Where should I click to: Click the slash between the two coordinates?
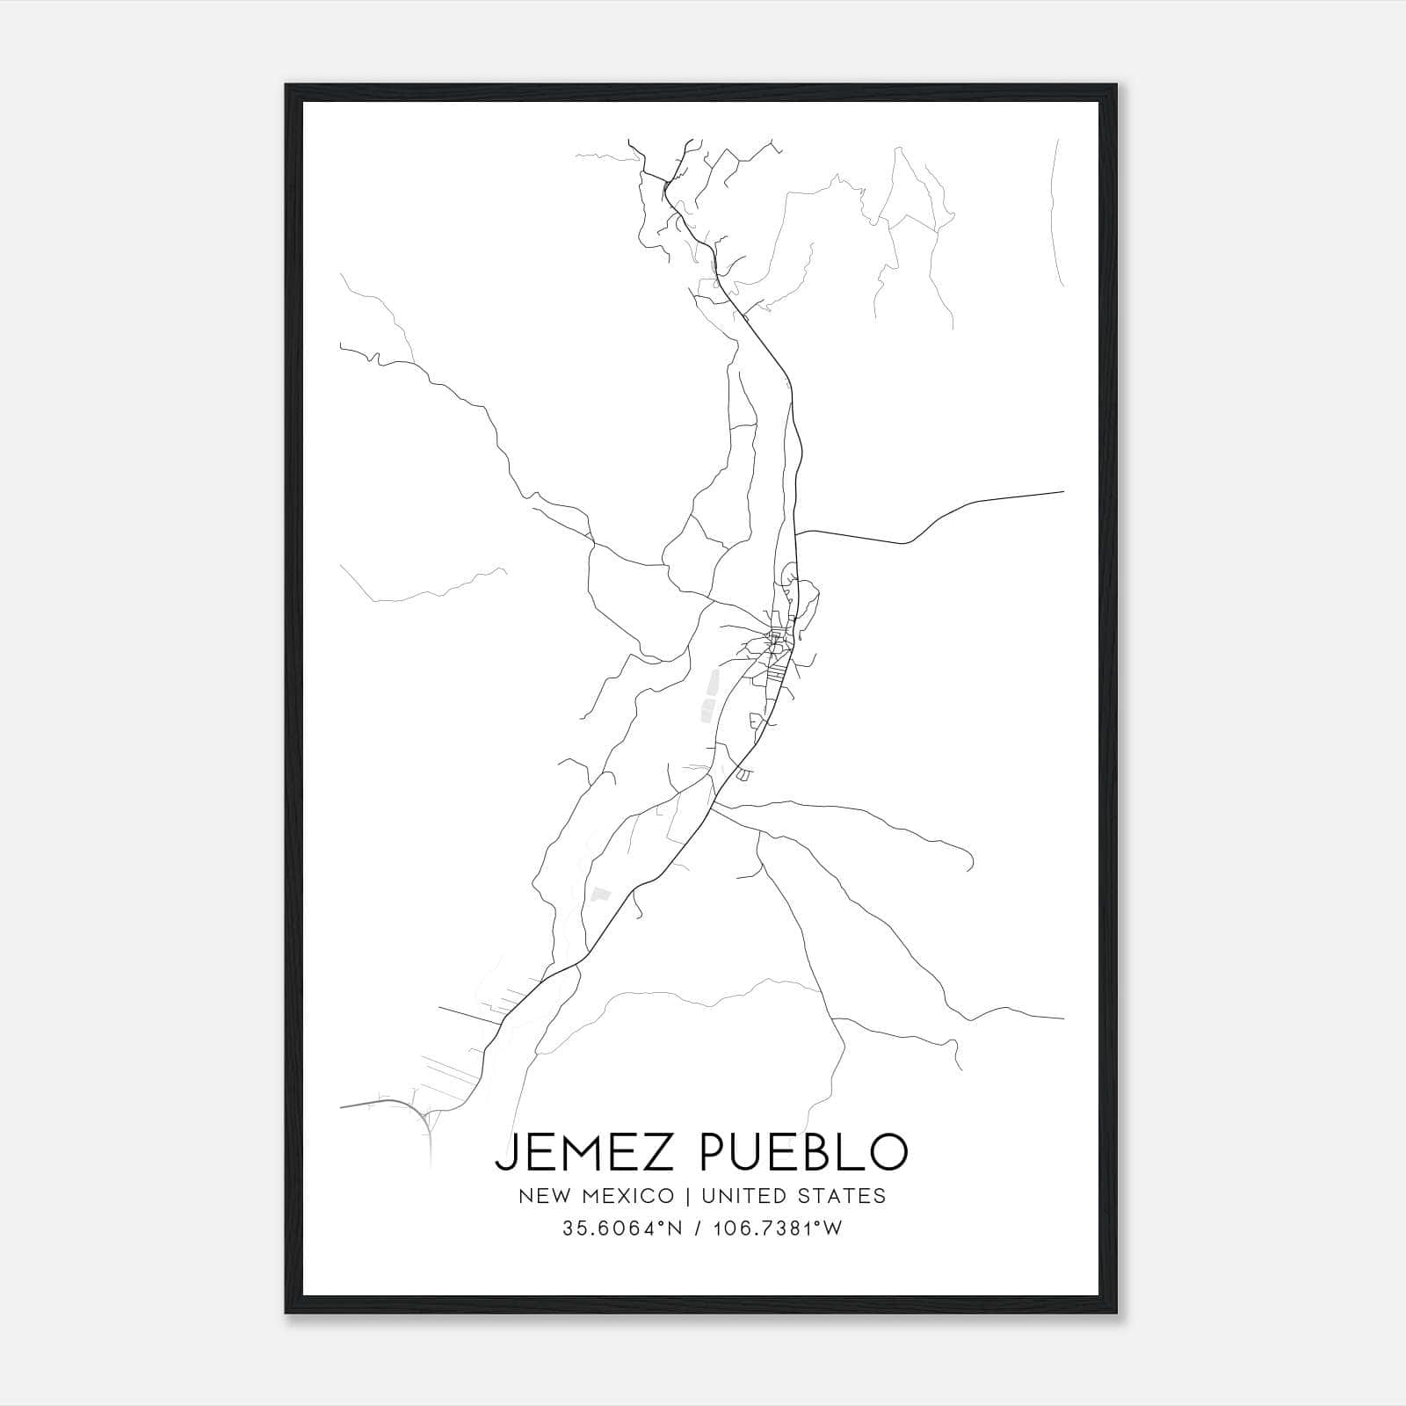[x=699, y=1229]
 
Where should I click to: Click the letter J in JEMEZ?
[x=504, y=1152]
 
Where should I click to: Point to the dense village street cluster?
[x=775, y=646]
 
